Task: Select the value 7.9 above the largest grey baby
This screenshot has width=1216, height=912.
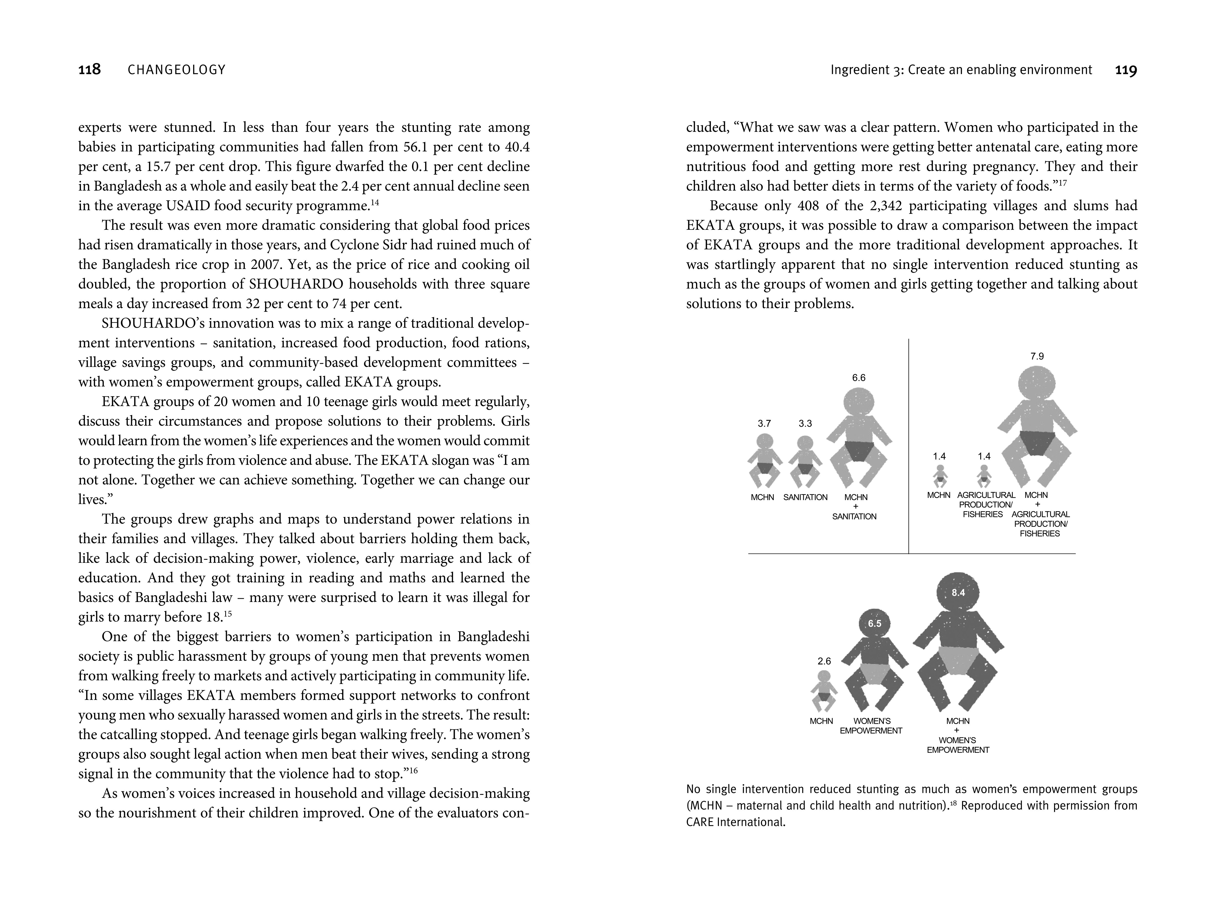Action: pyautogui.click(x=1037, y=356)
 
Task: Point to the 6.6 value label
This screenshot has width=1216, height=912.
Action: pyautogui.click(x=859, y=378)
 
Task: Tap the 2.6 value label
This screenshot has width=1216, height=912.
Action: pyautogui.click(x=824, y=661)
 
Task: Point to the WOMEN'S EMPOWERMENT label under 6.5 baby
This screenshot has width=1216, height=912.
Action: pyautogui.click(x=871, y=726)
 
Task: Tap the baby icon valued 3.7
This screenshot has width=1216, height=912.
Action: pyautogui.click(x=764, y=461)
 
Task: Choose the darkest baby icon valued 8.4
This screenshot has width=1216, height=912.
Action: pyautogui.click(x=958, y=643)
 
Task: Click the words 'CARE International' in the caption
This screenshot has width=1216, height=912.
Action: pyautogui.click(x=735, y=823)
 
